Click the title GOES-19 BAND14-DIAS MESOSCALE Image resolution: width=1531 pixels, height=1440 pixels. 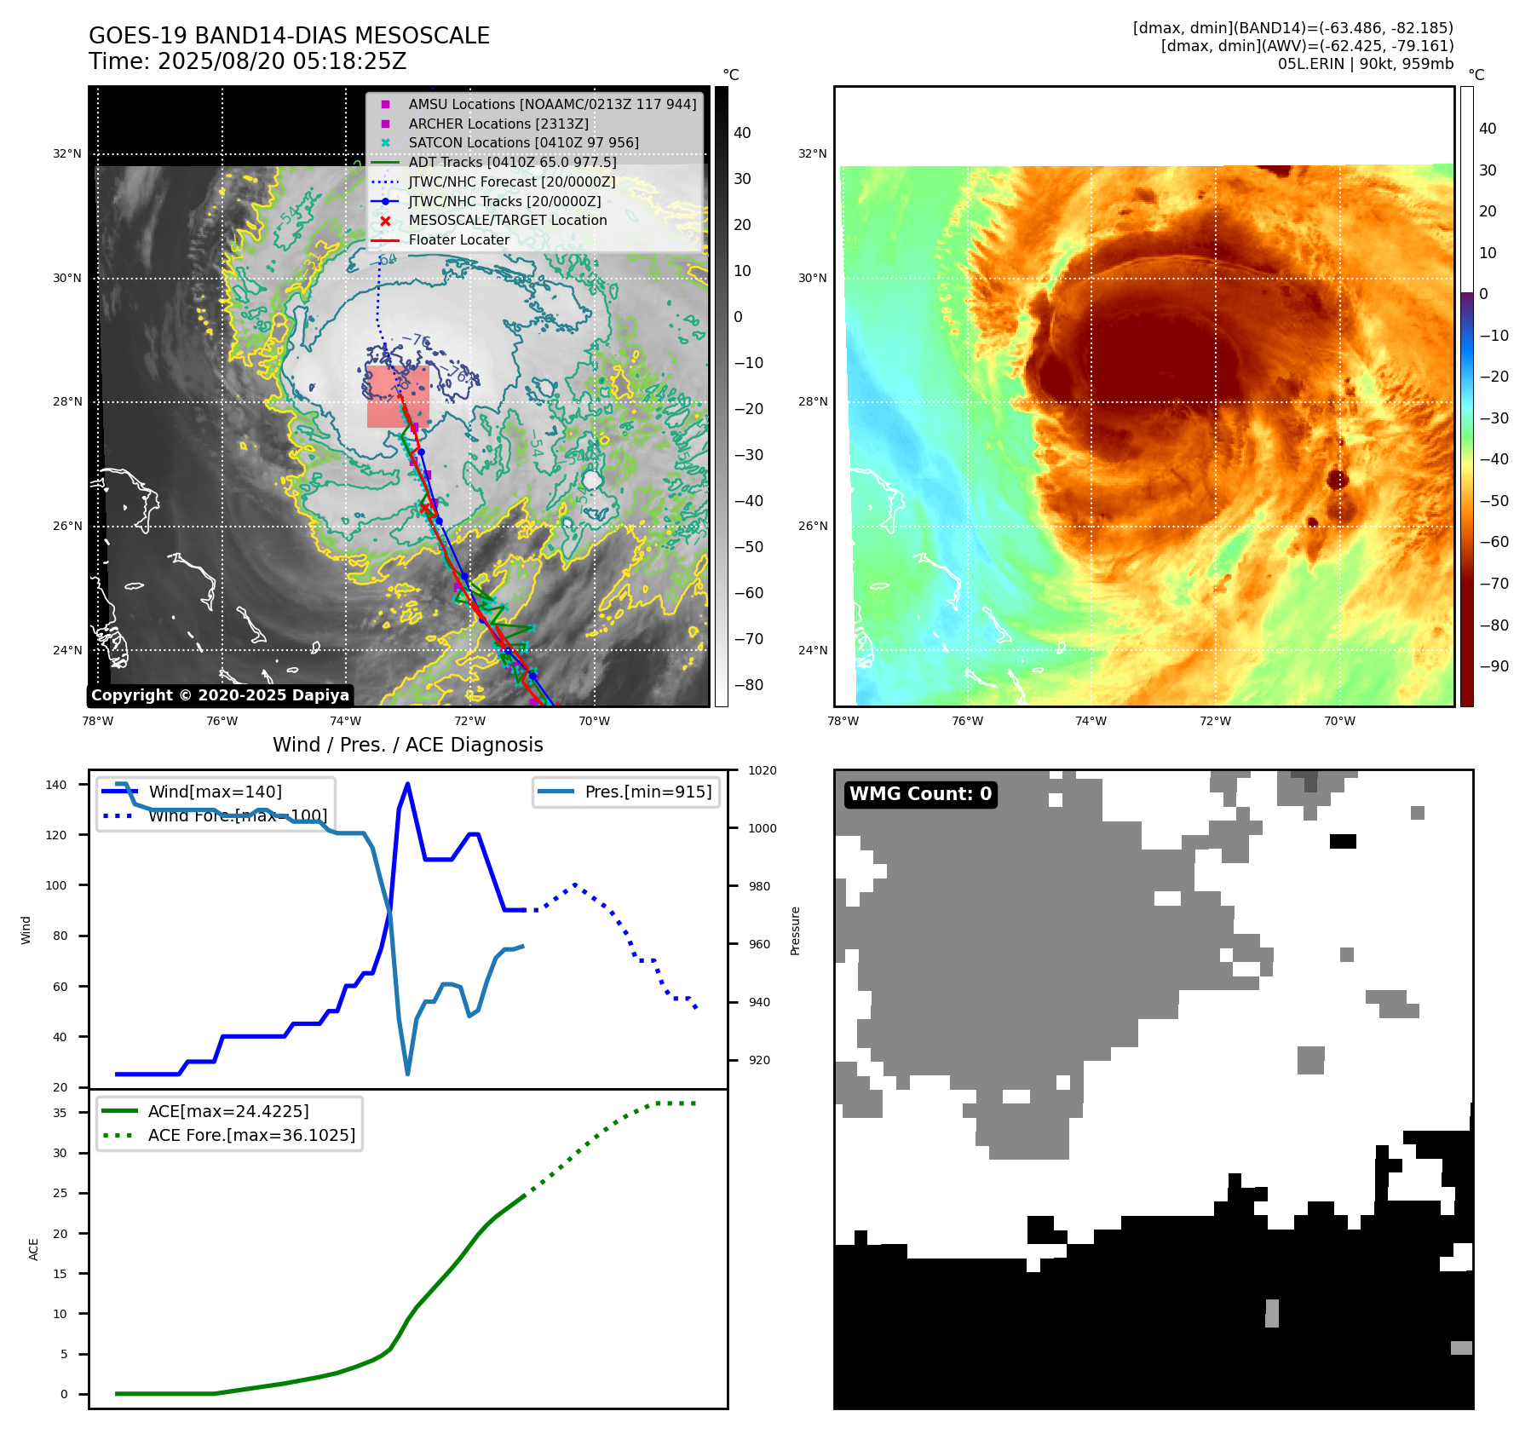pos(289,36)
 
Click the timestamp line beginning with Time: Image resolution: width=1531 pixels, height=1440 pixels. pos(247,61)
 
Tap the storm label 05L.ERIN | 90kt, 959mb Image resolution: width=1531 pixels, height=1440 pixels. pos(1365,64)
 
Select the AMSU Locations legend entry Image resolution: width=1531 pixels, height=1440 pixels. pos(551,104)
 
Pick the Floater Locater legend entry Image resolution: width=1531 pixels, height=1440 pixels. pos(458,239)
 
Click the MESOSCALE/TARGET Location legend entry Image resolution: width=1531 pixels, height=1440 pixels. pos(507,220)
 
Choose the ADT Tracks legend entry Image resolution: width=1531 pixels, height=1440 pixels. pos(511,162)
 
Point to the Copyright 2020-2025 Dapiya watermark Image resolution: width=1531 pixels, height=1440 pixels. pos(220,695)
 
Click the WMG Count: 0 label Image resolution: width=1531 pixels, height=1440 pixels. pos(920,794)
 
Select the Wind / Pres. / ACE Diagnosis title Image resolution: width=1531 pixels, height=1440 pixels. pos(407,745)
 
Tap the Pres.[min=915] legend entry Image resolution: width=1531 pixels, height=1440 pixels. pos(648,792)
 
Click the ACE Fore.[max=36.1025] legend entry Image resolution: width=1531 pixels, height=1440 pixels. pos(251,1135)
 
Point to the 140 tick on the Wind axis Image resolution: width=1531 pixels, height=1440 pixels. pos(55,785)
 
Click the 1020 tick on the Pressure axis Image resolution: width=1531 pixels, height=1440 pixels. pos(762,770)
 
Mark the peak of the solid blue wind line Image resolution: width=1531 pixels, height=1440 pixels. pos(408,784)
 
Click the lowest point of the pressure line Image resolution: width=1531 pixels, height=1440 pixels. pos(408,1074)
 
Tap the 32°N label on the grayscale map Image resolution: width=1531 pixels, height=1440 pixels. pos(67,154)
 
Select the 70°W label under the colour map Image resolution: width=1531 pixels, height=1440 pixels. pos(1339,721)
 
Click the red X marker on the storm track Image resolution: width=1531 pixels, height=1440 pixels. pos(425,508)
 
